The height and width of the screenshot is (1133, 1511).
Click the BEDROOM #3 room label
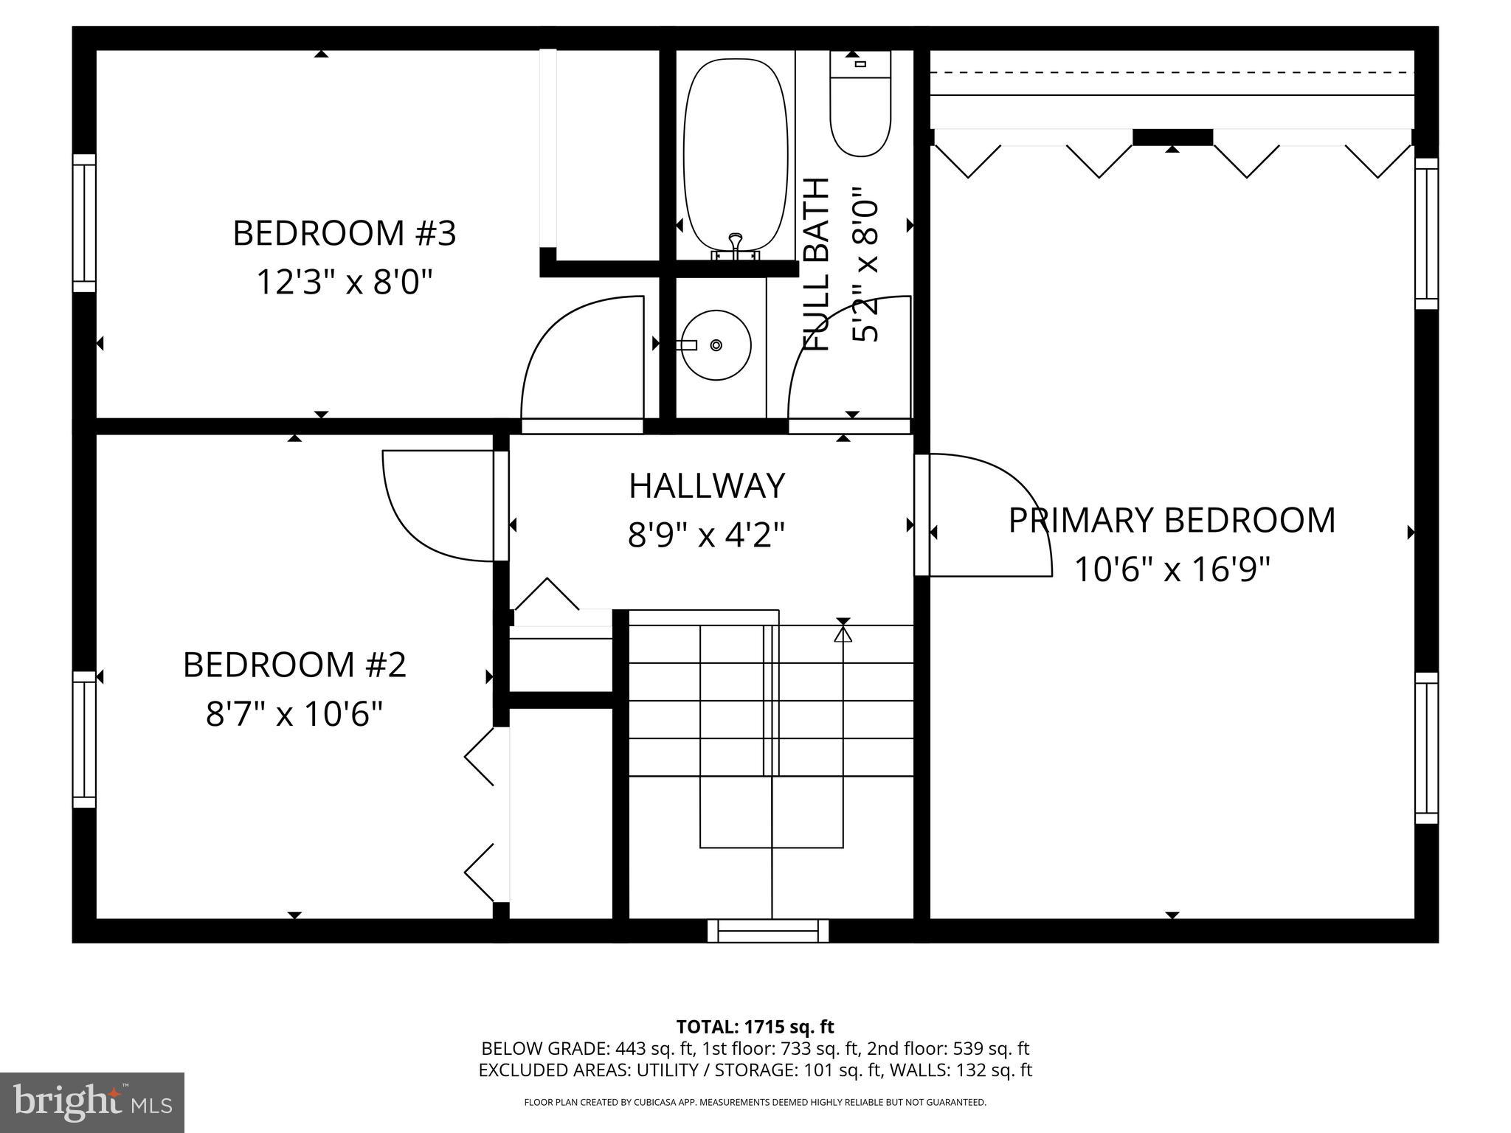click(345, 233)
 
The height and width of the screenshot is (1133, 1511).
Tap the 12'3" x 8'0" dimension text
click(344, 282)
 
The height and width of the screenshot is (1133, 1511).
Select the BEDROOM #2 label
click(294, 665)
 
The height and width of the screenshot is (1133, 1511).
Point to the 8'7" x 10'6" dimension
click(294, 714)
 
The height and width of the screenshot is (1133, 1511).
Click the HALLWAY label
click(707, 486)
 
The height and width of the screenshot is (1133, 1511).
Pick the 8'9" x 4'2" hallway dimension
click(707, 535)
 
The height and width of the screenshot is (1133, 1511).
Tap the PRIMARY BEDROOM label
click(1172, 520)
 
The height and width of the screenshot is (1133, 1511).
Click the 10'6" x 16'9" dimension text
click(1172, 569)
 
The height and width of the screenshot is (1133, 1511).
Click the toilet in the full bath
click(860, 111)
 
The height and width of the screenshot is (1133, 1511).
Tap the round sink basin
click(716, 344)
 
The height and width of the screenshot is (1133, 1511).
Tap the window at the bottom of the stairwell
click(767, 930)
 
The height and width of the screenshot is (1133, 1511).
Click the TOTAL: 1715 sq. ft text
click(755, 1027)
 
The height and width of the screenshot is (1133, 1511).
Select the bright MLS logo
click(92, 1102)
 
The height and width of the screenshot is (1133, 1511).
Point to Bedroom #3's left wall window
click(84, 224)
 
